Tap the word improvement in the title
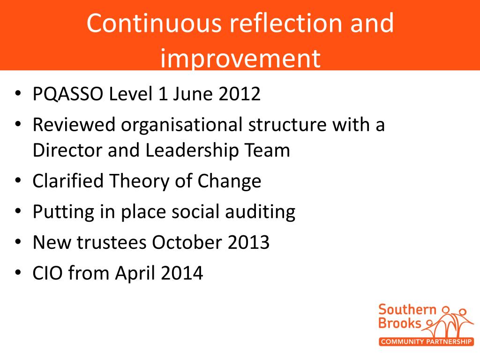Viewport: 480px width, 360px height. (240, 59)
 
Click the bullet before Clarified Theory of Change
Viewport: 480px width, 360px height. (17, 181)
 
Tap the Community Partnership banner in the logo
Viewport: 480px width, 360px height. (426, 342)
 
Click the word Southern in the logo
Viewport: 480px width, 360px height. (407, 310)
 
